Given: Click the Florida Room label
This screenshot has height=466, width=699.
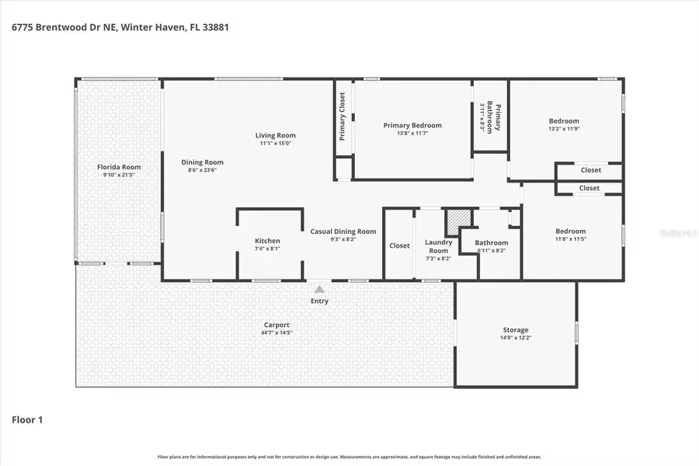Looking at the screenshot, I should pyautogui.click(x=119, y=167).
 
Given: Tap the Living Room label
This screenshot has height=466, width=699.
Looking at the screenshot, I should pyautogui.click(x=276, y=135).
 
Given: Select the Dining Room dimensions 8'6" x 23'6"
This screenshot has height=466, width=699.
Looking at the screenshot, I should pyautogui.click(x=202, y=170).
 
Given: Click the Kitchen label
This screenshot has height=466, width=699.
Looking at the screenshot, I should pyautogui.click(x=267, y=241).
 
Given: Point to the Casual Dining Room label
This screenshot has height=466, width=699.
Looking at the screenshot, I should pyautogui.click(x=343, y=231).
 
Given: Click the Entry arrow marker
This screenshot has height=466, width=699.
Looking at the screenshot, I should pyautogui.click(x=319, y=290).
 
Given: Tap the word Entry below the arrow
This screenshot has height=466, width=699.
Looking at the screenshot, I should pyautogui.click(x=319, y=301).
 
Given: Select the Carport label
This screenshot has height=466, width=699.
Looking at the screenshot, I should pyautogui.click(x=276, y=325).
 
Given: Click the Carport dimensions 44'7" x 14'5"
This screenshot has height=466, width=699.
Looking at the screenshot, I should pyautogui.click(x=276, y=332).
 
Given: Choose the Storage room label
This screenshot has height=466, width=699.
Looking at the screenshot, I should pyautogui.click(x=515, y=330).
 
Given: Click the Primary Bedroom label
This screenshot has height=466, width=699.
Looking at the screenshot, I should pyautogui.click(x=412, y=125).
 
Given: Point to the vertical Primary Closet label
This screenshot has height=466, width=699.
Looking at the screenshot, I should pyautogui.click(x=342, y=116).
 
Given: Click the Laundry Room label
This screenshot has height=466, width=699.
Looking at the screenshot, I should pyautogui.click(x=439, y=246).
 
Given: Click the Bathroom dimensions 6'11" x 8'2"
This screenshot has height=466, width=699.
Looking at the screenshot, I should pyautogui.click(x=491, y=251).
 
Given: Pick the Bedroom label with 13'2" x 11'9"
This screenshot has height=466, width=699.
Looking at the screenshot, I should pyautogui.click(x=564, y=120).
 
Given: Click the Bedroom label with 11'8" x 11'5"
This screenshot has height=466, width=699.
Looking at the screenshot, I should pyautogui.click(x=570, y=231).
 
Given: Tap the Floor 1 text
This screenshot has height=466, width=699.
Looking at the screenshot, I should pyautogui.click(x=27, y=420).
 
